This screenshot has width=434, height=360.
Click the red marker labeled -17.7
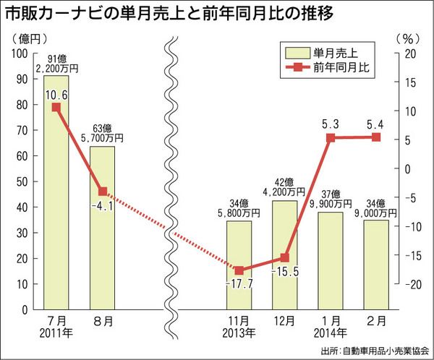pos(239,270)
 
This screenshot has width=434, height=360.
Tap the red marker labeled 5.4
pos(376,137)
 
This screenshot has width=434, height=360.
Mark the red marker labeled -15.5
pos(285,258)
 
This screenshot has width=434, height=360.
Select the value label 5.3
pos(331,124)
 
